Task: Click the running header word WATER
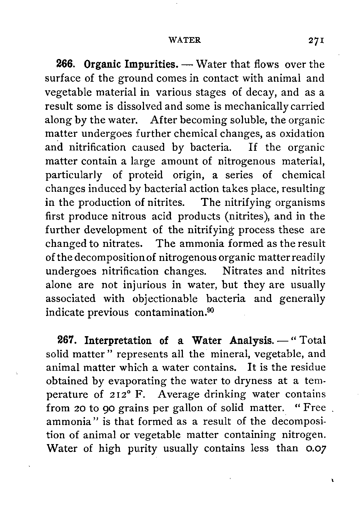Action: coord(185,40)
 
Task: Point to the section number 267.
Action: coord(66,340)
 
